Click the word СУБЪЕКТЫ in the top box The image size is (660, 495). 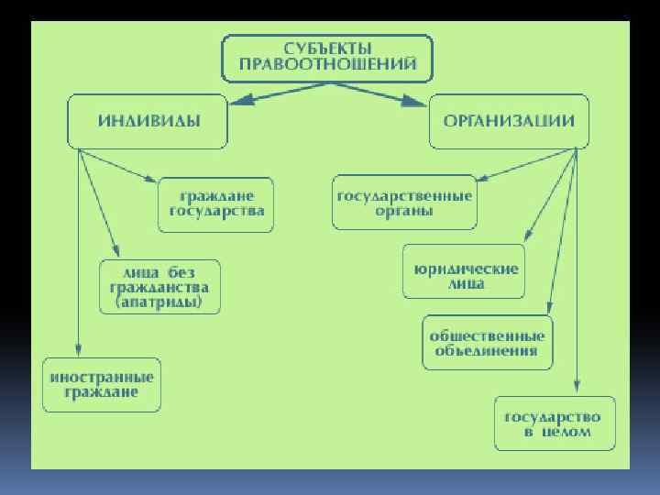[327, 48]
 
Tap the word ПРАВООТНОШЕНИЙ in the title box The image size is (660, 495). [327, 64]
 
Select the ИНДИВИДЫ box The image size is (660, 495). [147, 121]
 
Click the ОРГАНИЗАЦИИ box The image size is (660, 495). [510, 121]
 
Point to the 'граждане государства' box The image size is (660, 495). [216, 203]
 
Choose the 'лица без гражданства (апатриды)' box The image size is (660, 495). [160, 286]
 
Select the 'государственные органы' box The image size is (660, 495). [404, 203]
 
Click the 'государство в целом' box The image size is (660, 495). [555, 423]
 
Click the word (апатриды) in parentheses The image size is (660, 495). [160, 302]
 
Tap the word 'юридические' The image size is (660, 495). [465, 269]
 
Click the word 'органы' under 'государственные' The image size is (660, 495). [404, 211]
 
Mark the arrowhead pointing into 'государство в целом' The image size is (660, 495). [577, 390]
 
